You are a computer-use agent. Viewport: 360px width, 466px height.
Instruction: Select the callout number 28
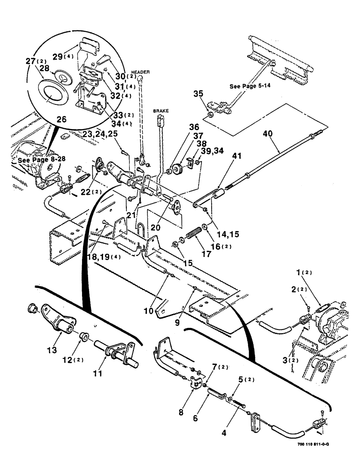click(x=46, y=69)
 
